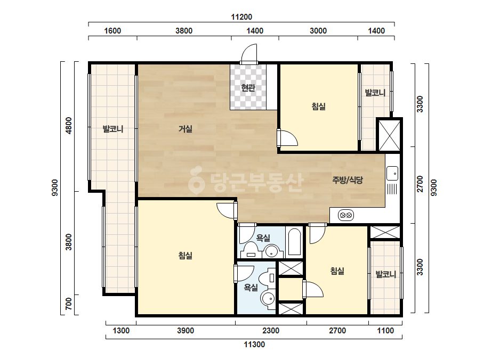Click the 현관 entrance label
(248, 87)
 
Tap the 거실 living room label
(185, 128)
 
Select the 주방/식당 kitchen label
(348, 180)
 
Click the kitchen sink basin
(392, 173)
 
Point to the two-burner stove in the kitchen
(346, 215)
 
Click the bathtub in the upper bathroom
(294, 242)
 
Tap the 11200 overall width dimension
(241, 17)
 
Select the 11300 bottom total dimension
(254, 345)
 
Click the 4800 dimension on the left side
(68, 126)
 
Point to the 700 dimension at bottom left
(68, 304)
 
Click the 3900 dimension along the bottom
(185, 331)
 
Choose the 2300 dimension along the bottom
(271, 331)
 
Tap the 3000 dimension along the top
(318, 31)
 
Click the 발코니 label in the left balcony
(113, 129)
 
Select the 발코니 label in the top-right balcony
(375, 93)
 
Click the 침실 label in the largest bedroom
(185, 256)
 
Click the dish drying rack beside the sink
(392, 190)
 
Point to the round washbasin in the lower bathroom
(268, 299)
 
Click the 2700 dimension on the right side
(420, 184)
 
